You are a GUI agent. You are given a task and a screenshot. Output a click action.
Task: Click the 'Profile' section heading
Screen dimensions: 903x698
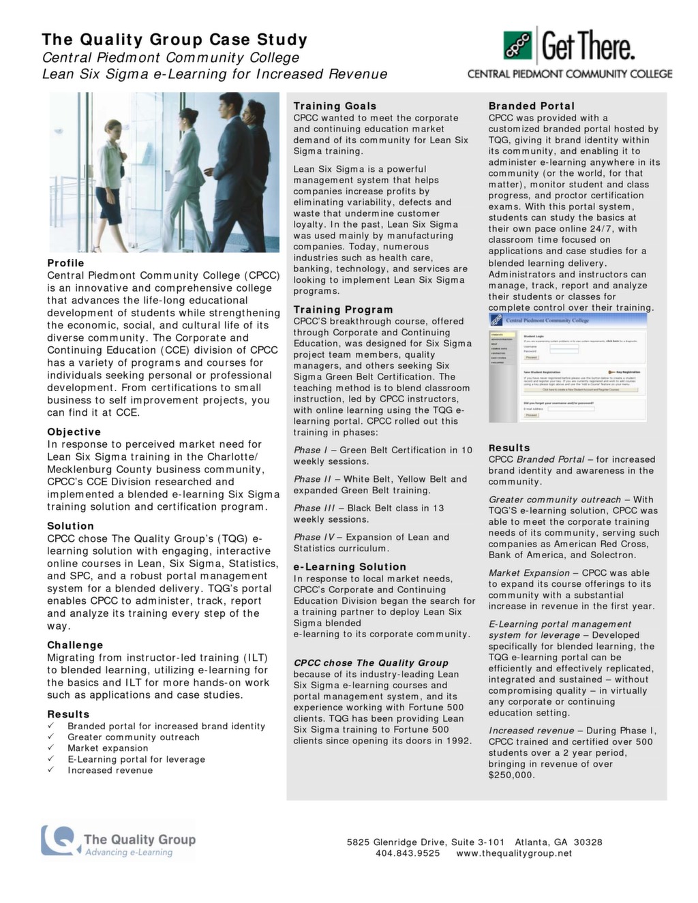click(x=66, y=263)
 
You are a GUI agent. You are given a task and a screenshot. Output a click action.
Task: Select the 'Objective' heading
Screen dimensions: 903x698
click(x=74, y=432)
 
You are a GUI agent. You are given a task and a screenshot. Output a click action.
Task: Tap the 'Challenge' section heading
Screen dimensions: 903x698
click(x=75, y=645)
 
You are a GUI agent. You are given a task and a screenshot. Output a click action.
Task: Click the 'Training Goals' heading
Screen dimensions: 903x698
click(x=335, y=106)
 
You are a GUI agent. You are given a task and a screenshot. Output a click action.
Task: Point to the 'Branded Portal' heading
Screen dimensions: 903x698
click(x=532, y=106)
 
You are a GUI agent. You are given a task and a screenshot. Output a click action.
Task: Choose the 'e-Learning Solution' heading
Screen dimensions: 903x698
click(x=350, y=567)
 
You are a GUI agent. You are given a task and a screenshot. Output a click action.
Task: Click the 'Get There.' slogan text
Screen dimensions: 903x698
click(x=588, y=46)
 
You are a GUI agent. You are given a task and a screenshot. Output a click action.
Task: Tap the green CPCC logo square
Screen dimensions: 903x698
click(x=519, y=46)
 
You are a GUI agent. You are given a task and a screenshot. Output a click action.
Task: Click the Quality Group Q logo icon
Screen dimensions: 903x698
click(x=59, y=840)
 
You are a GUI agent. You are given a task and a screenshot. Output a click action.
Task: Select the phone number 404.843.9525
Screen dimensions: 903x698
click(x=408, y=853)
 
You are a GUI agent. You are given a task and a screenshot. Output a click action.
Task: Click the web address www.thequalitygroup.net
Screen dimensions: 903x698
click(x=514, y=853)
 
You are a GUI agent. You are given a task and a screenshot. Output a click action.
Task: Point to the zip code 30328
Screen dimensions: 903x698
click(x=588, y=842)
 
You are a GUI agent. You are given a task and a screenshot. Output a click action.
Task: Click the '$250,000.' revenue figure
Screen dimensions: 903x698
click(x=512, y=775)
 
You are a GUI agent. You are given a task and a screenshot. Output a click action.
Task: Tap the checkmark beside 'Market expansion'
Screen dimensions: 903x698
click(x=50, y=748)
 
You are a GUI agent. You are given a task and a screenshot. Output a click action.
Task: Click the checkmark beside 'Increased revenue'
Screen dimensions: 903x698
click(x=50, y=770)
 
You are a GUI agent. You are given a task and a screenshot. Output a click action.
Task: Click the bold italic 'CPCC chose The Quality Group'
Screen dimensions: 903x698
click(x=371, y=663)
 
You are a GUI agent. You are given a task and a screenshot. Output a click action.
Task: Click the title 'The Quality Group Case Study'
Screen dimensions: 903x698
click(x=174, y=40)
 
